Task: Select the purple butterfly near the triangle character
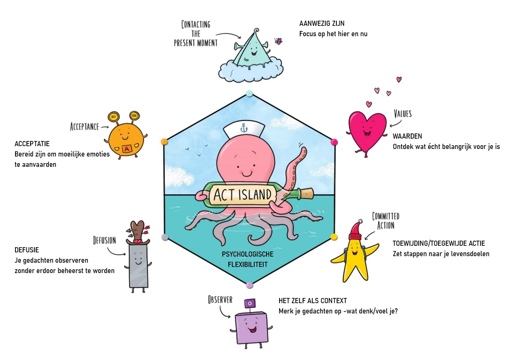[x=278, y=41]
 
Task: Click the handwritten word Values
[x=403, y=114]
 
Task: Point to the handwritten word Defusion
[x=104, y=241]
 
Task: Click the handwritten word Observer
[x=220, y=299]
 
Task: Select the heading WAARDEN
[x=407, y=136]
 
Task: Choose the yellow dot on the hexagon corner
[x=334, y=236]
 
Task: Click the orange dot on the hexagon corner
[x=164, y=141]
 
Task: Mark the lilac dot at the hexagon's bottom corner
[x=250, y=285]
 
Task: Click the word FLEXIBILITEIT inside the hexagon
[x=248, y=265]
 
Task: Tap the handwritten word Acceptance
[x=84, y=126]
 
